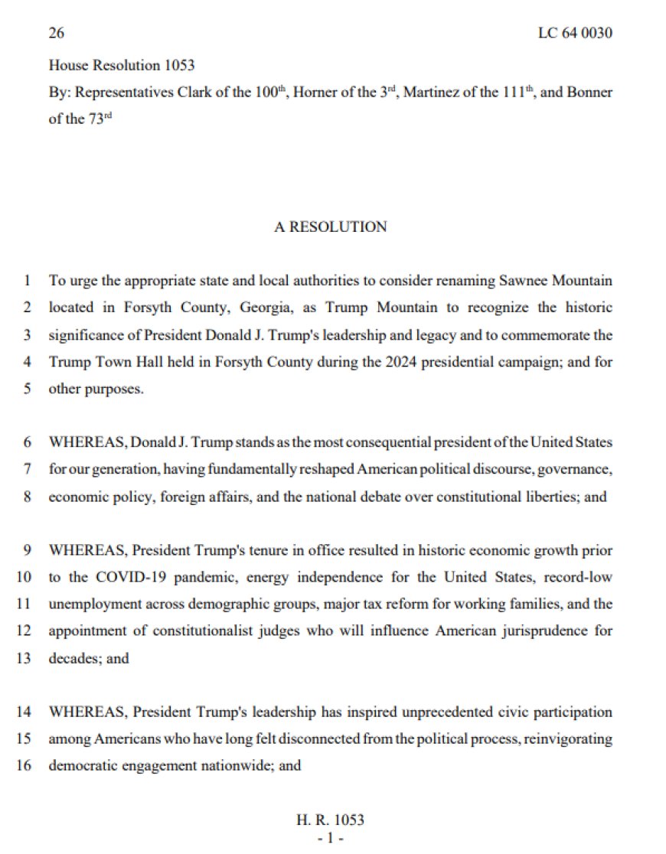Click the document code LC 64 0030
pyautogui.click(x=576, y=33)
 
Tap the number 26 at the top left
pyautogui.click(x=55, y=33)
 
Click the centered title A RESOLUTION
pyautogui.click(x=331, y=227)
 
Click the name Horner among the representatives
pyautogui.click(x=314, y=93)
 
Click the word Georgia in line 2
pyautogui.click(x=204, y=308)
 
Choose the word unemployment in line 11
pyautogui.click(x=90, y=604)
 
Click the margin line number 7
pyautogui.click(x=28, y=469)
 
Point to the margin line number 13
pyautogui.click(x=24, y=658)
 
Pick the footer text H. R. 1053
pyautogui.click(x=330, y=820)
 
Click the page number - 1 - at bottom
pyautogui.click(x=330, y=839)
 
